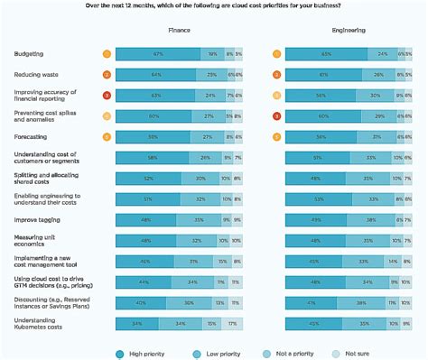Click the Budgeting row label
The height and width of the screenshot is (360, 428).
coord(30,54)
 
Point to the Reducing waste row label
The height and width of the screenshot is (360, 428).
coord(38,74)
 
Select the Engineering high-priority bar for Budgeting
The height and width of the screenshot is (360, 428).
coord(321,54)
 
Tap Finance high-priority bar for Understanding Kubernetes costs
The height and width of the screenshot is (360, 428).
coord(136,322)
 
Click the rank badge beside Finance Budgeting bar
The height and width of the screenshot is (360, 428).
coord(107,54)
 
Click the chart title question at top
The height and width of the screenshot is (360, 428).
coord(213,7)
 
